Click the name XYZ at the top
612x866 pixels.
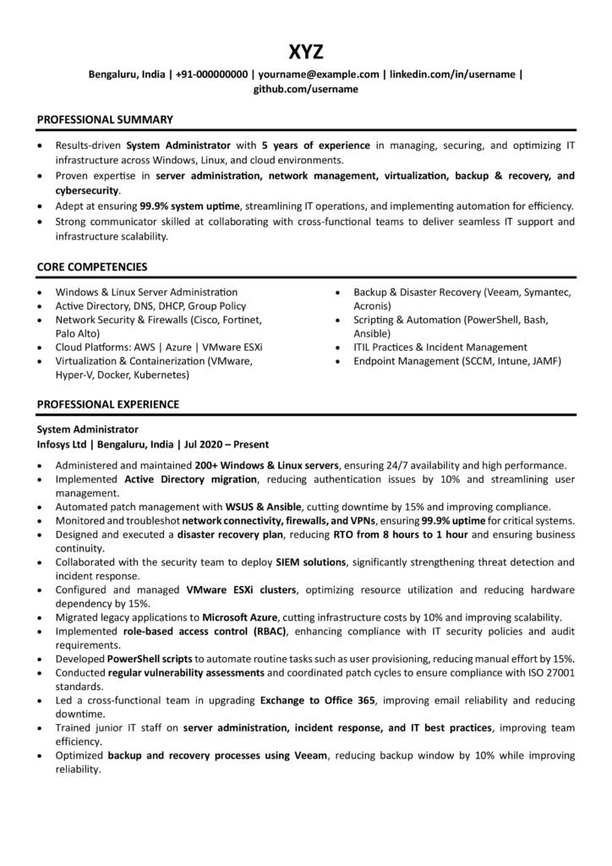coord(305,52)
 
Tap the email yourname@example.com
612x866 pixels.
coord(319,74)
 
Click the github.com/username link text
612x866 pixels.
coord(306,88)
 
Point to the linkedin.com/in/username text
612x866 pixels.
coord(452,74)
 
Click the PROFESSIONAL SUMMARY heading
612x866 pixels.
coord(105,120)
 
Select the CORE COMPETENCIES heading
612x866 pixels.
coord(92,266)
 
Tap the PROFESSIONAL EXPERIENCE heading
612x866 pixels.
coord(107,404)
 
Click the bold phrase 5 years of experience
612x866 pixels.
coord(306,145)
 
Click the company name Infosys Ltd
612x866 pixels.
coord(63,443)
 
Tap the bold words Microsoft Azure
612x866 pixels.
coord(240,617)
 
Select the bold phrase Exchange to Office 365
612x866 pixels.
coord(318,700)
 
